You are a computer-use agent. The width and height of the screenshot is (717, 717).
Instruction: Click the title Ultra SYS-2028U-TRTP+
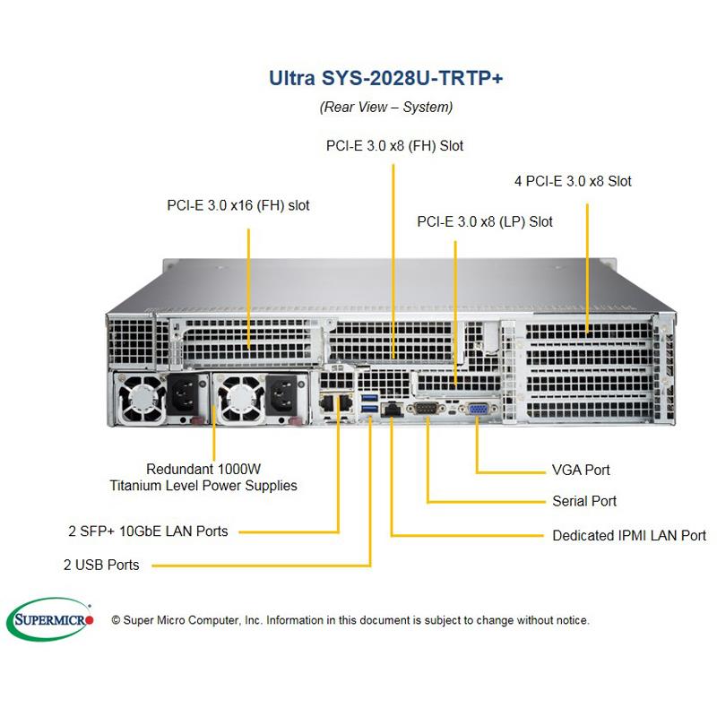386,78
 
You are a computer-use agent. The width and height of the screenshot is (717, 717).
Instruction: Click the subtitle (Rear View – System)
386,107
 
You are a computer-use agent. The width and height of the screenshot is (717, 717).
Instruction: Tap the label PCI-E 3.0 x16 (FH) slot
238,205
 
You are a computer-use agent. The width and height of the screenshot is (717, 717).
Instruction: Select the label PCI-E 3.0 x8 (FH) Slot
394,145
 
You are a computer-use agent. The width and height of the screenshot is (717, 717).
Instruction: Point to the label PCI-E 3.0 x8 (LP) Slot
485,221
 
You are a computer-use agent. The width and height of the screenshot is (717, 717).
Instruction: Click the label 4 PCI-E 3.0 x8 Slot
573,181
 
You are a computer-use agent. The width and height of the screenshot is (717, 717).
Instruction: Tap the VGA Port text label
581,470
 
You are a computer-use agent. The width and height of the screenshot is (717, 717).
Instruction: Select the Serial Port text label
584,501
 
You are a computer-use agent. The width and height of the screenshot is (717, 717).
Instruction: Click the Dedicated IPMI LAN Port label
628,536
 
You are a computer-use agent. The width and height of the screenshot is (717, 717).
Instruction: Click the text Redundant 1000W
203,469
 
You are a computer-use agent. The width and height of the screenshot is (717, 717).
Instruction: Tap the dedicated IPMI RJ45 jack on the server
391,410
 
